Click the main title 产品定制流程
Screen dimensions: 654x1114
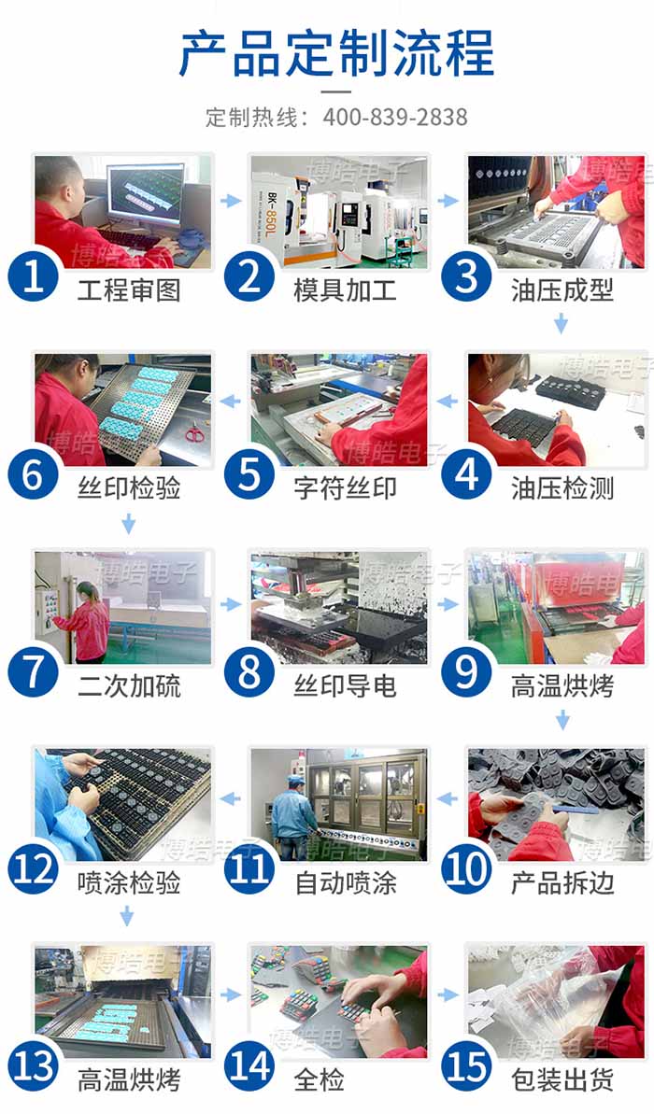click(335, 53)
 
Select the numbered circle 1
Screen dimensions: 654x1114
click(34, 275)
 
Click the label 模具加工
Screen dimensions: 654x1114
click(346, 290)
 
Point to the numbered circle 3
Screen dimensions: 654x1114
click(466, 275)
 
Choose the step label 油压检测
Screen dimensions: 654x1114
click(562, 488)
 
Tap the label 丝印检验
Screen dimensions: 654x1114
click(129, 488)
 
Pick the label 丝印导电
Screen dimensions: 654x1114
click(346, 686)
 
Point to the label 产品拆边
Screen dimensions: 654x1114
click(562, 883)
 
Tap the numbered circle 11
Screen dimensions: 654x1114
click(249, 868)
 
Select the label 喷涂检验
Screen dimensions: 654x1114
click(129, 883)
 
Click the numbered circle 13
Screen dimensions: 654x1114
click(34, 1065)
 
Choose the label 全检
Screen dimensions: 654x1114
click(320, 1080)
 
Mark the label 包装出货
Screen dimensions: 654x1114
click(562, 1080)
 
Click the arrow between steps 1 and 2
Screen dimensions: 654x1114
click(231, 201)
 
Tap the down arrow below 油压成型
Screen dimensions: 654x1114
click(561, 324)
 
